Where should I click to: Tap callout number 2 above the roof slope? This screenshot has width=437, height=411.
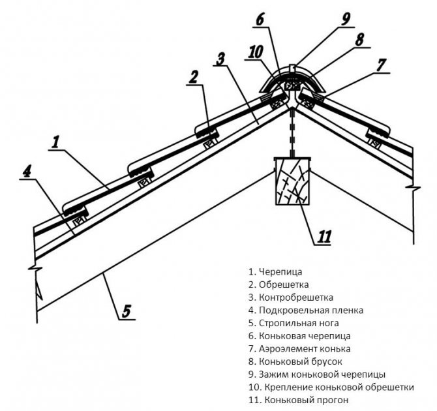[x=193, y=77]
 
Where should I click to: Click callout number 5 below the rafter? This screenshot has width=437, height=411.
[x=127, y=310]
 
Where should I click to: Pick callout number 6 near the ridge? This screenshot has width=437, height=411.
[x=260, y=20]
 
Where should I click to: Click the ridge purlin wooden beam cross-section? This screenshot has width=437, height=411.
[x=292, y=181]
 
